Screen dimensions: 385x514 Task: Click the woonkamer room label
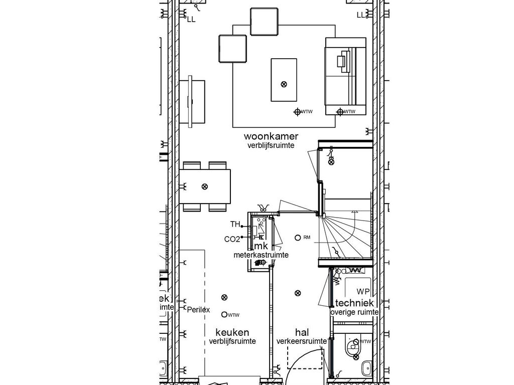click(x=271, y=136)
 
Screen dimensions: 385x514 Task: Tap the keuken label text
click(x=232, y=332)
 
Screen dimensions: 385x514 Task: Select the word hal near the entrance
click(x=302, y=332)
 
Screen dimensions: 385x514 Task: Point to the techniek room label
click(x=354, y=303)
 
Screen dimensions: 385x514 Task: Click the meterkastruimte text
click(x=261, y=255)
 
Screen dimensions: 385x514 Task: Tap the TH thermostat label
click(x=235, y=224)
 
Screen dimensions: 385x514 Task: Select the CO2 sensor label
click(x=232, y=239)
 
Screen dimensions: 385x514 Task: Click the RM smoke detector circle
click(x=298, y=237)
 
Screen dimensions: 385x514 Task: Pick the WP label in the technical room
click(x=363, y=291)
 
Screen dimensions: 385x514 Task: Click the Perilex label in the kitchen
click(x=199, y=310)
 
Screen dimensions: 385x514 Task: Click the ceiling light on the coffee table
click(x=284, y=84)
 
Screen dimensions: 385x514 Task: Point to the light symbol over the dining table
click(x=204, y=186)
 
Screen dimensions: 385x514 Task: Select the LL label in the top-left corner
click(x=191, y=19)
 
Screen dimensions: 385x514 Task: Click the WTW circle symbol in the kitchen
click(x=224, y=314)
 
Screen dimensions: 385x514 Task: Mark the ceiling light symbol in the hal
click(x=298, y=293)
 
